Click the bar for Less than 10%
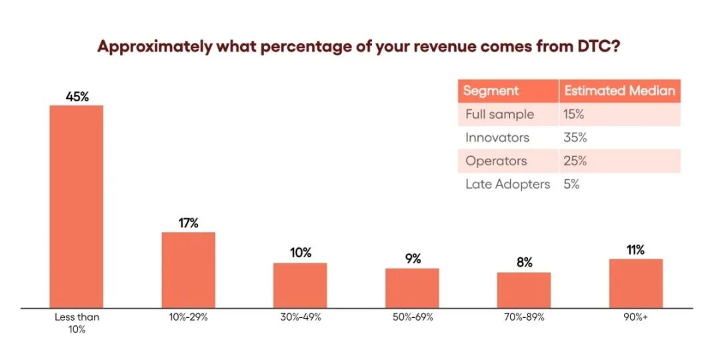click(x=77, y=207)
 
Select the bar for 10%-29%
click(x=188, y=270)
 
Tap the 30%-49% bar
click(x=300, y=285)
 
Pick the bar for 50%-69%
click(x=413, y=289)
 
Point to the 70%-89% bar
click(x=524, y=290)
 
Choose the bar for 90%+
click(x=636, y=283)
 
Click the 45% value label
click(x=77, y=97)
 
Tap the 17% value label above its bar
click(x=188, y=223)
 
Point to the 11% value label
click(x=636, y=250)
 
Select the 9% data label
click(x=413, y=259)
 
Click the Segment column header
click(x=491, y=91)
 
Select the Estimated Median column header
click(x=620, y=91)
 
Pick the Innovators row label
click(x=497, y=138)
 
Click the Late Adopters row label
click(x=507, y=185)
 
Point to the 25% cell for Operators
click(x=575, y=161)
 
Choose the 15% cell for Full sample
click(x=574, y=115)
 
